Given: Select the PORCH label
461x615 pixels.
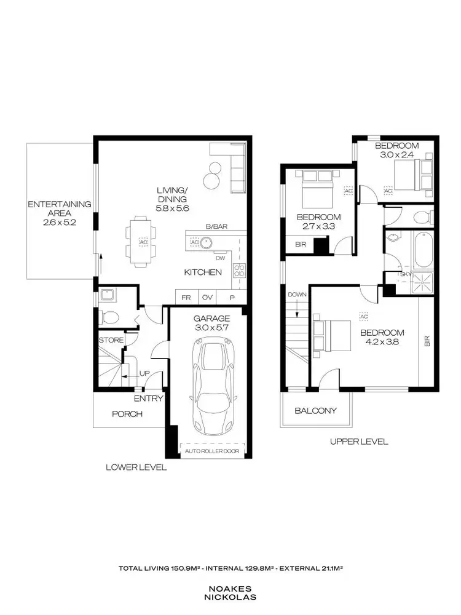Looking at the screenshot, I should pos(127,414).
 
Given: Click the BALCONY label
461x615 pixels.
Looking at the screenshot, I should pos(315,410).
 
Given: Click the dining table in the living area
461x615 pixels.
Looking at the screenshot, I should pos(138,242).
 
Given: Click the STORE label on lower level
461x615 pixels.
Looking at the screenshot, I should pos(111,339).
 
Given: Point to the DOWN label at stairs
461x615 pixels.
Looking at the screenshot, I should pos(296,295).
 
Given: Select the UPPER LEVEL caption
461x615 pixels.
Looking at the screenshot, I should pos(358,441).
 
